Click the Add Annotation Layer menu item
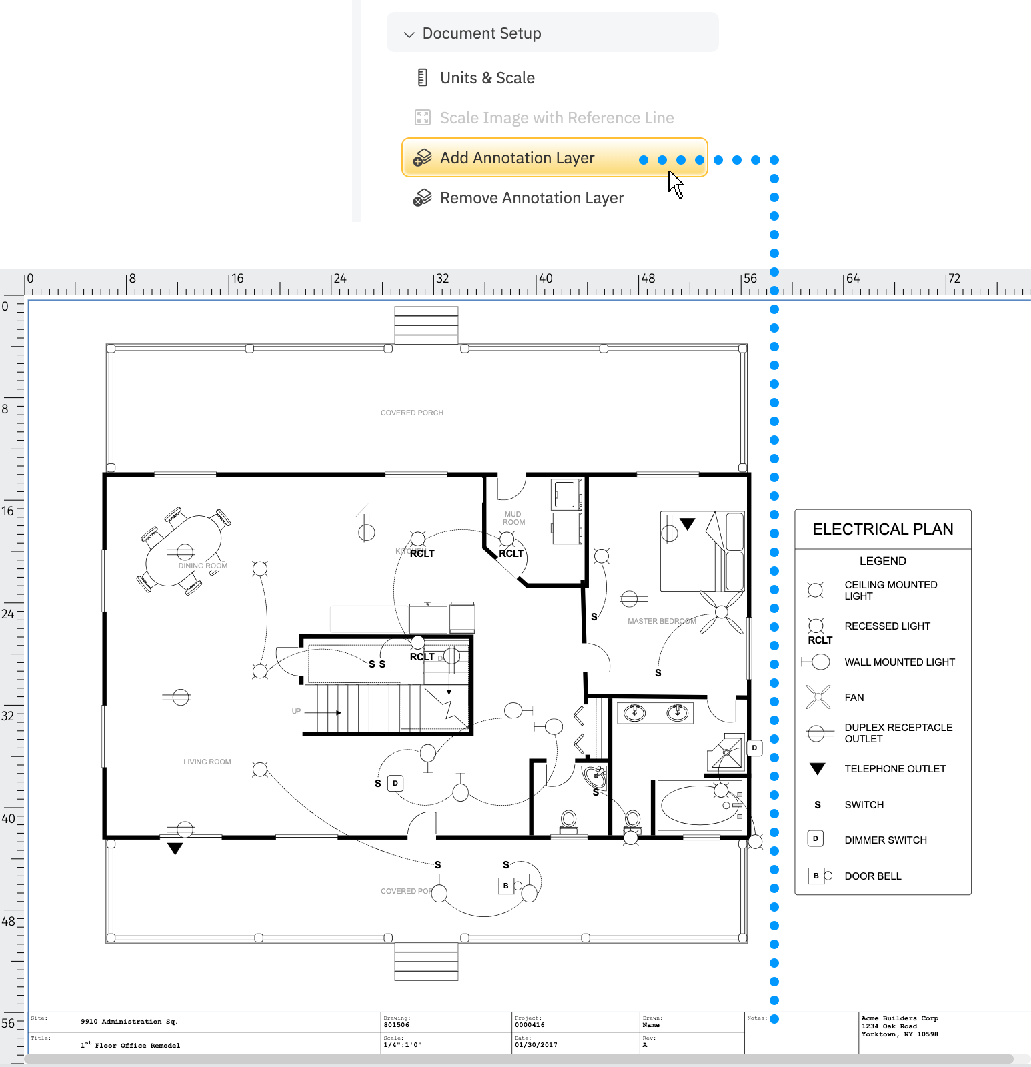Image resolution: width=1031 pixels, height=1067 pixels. (517, 158)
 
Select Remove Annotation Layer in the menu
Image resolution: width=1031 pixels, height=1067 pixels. (532, 198)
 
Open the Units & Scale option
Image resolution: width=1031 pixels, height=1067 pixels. (487, 78)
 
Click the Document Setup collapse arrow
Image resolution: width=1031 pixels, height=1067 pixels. (409, 34)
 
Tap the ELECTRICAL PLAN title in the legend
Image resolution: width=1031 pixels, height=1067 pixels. (882, 529)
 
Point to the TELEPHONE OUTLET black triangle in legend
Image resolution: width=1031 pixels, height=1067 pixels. (817, 769)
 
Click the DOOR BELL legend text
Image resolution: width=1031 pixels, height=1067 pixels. (872, 876)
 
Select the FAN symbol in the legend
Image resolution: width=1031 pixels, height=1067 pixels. (818, 697)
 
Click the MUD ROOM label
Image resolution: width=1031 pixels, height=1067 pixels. (513, 518)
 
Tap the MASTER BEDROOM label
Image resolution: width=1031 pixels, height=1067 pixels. (661, 621)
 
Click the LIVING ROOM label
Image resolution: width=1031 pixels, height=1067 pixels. (207, 762)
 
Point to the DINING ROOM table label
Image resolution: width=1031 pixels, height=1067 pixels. (203, 566)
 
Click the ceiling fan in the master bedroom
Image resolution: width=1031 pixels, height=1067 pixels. (721, 612)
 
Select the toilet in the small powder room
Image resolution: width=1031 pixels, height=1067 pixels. (569, 821)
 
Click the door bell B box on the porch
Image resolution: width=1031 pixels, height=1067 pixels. (505, 886)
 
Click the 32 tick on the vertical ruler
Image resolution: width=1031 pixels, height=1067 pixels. (8, 716)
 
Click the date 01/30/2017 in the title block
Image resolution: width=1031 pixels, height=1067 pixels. (536, 1045)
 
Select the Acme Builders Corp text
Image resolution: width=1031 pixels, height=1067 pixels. (899, 1018)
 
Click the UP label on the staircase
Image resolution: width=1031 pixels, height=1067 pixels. (296, 711)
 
